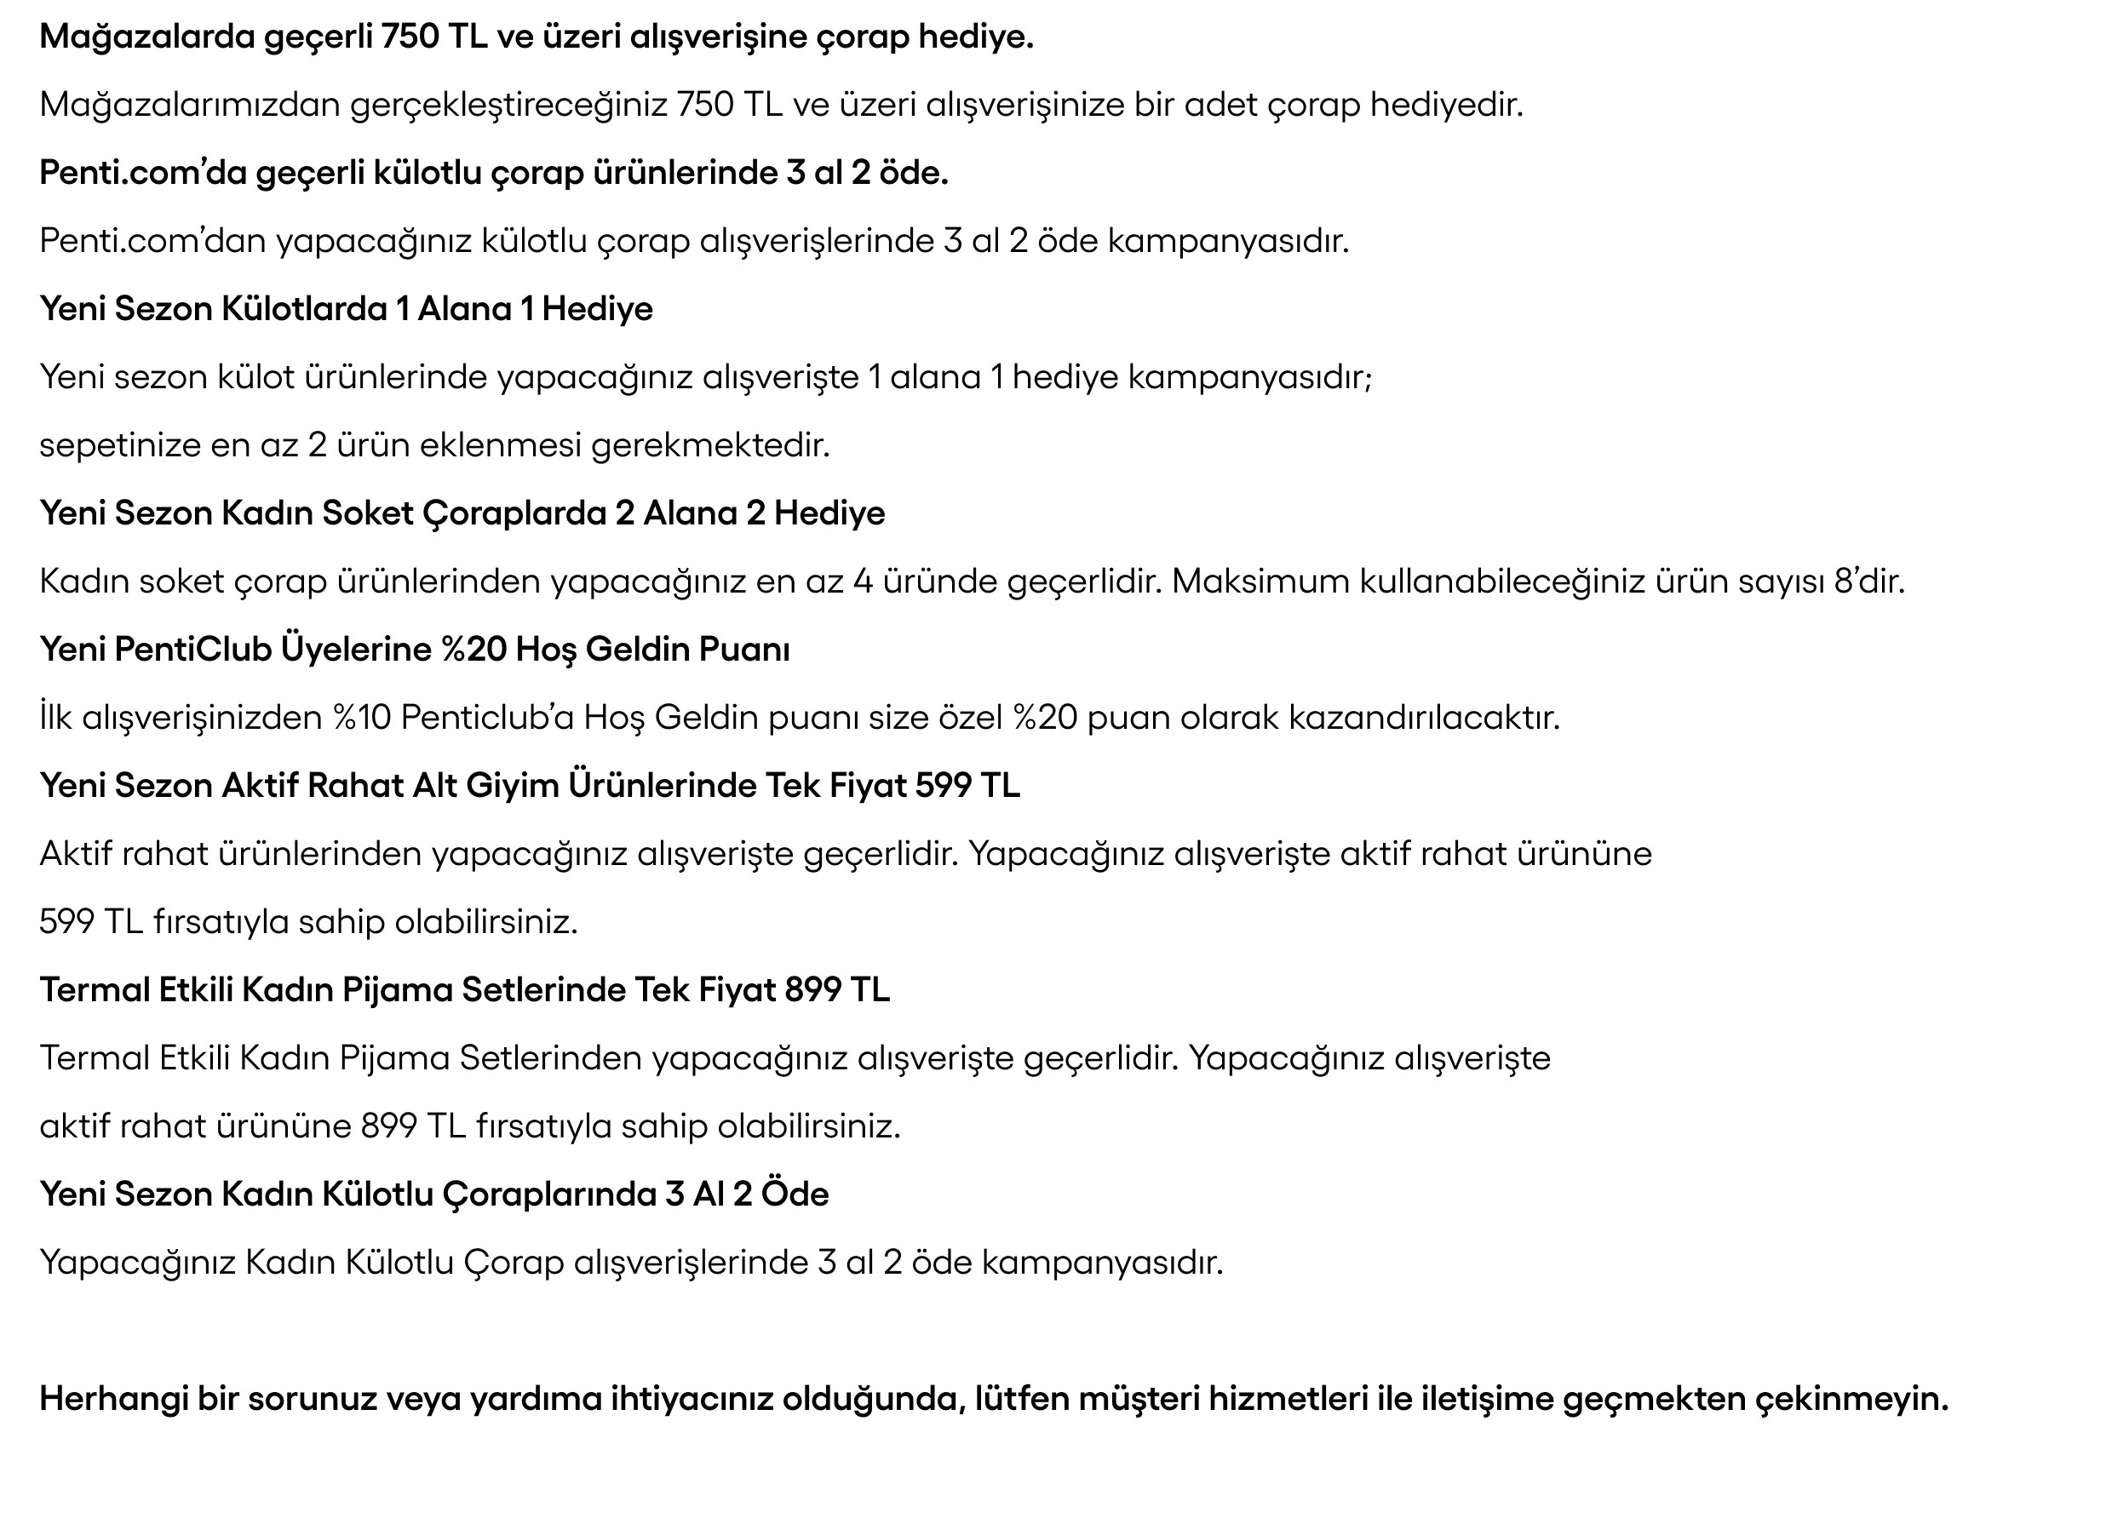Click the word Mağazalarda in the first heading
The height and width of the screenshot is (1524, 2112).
147,37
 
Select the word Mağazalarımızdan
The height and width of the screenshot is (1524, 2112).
190,106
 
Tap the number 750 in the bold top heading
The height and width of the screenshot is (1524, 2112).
409,37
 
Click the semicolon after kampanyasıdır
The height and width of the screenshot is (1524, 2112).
1368,379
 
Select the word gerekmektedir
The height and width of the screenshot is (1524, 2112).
709,446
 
